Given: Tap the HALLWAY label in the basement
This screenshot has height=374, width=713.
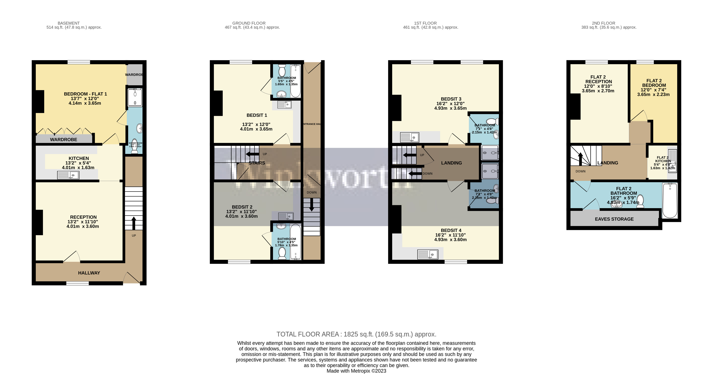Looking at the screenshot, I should pyautogui.click(x=89, y=273).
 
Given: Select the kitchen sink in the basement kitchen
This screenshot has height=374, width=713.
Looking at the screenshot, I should pyautogui.click(x=68, y=175).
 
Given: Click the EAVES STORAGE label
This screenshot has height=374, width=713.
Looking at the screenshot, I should pyautogui.click(x=614, y=219).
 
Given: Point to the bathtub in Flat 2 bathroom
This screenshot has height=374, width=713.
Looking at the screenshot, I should pyautogui.click(x=670, y=201).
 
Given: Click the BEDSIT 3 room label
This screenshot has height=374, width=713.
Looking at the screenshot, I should pyautogui.click(x=451, y=99).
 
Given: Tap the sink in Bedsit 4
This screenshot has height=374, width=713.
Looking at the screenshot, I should pyautogui.click(x=428, y=254).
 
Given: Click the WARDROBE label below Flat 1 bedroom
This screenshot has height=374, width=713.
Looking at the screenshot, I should pyautogui.click(x=64, y=139).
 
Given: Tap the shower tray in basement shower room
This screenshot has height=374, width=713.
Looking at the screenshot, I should pyautogui.click(x=135, y=97).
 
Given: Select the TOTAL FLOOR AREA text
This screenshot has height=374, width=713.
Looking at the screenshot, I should pyautogui.click(x=356, y=334).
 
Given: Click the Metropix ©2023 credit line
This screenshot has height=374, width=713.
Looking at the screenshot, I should pyautogui.click(x=356, y=371).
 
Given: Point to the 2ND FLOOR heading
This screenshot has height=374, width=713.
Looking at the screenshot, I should pyautogui.click(x=603, y=23).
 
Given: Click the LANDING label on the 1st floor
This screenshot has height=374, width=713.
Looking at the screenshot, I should pyautogui.click(x=451, y=163).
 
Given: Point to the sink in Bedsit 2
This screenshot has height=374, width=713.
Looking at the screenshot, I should pyautogui.click(x=285, y=216).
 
